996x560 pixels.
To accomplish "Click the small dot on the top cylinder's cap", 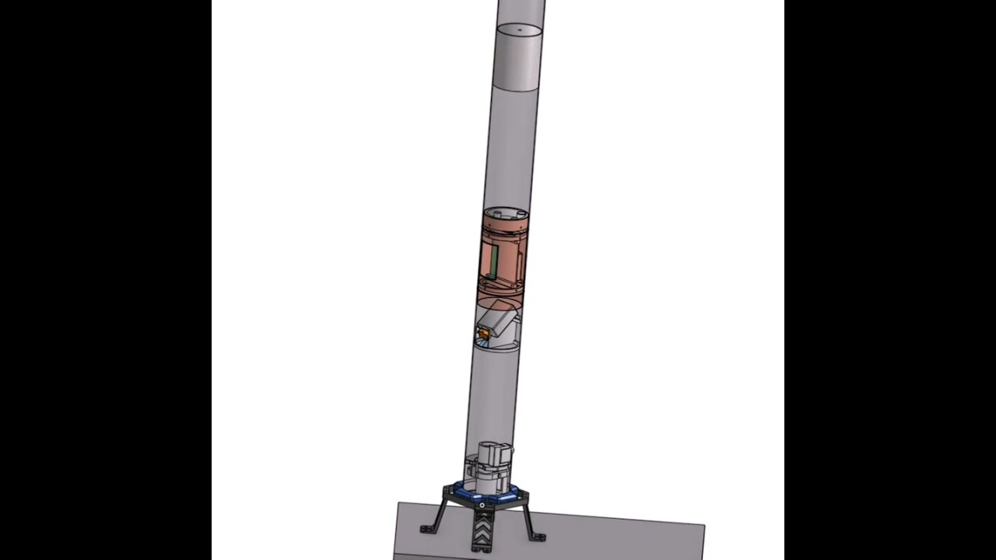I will (x=520, y=31).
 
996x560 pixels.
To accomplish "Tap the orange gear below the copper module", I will (x=483, y=334).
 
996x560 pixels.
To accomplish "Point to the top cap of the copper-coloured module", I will (x=506, y=213).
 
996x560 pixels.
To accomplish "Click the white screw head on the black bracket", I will (x=482, y=506).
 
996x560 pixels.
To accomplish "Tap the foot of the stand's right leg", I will (x=538, y=537).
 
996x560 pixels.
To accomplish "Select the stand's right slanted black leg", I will (x=529, y=517).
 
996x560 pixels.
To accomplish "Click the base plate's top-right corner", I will (x=703, y=527).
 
